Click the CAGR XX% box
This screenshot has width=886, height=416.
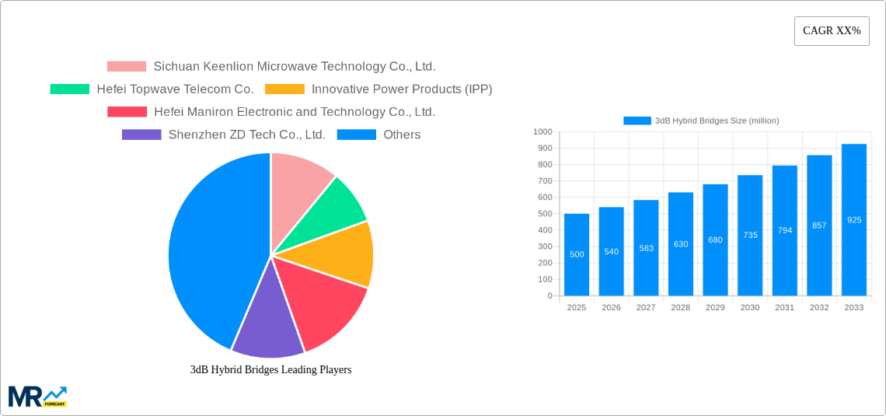832,31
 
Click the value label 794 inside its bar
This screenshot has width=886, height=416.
785,230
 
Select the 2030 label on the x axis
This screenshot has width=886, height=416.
750,308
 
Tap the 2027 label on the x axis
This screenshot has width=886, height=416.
646,308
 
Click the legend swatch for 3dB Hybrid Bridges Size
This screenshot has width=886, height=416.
637,121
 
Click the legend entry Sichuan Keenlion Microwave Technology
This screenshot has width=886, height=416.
294,67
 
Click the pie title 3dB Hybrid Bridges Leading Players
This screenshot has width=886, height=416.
270,370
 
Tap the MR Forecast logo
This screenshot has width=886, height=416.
37,396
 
